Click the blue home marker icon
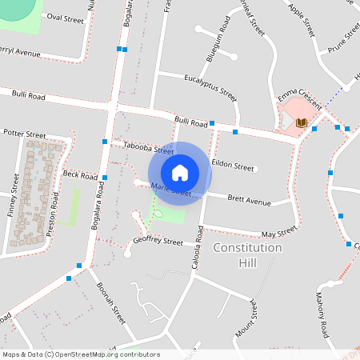pos(180,173)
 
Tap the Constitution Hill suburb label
pos(248,255)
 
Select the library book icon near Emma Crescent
pos(302,122)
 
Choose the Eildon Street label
pos(233,167)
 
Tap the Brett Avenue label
pos(249,198)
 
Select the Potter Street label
pos(25,133)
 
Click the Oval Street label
pos(66,16)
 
